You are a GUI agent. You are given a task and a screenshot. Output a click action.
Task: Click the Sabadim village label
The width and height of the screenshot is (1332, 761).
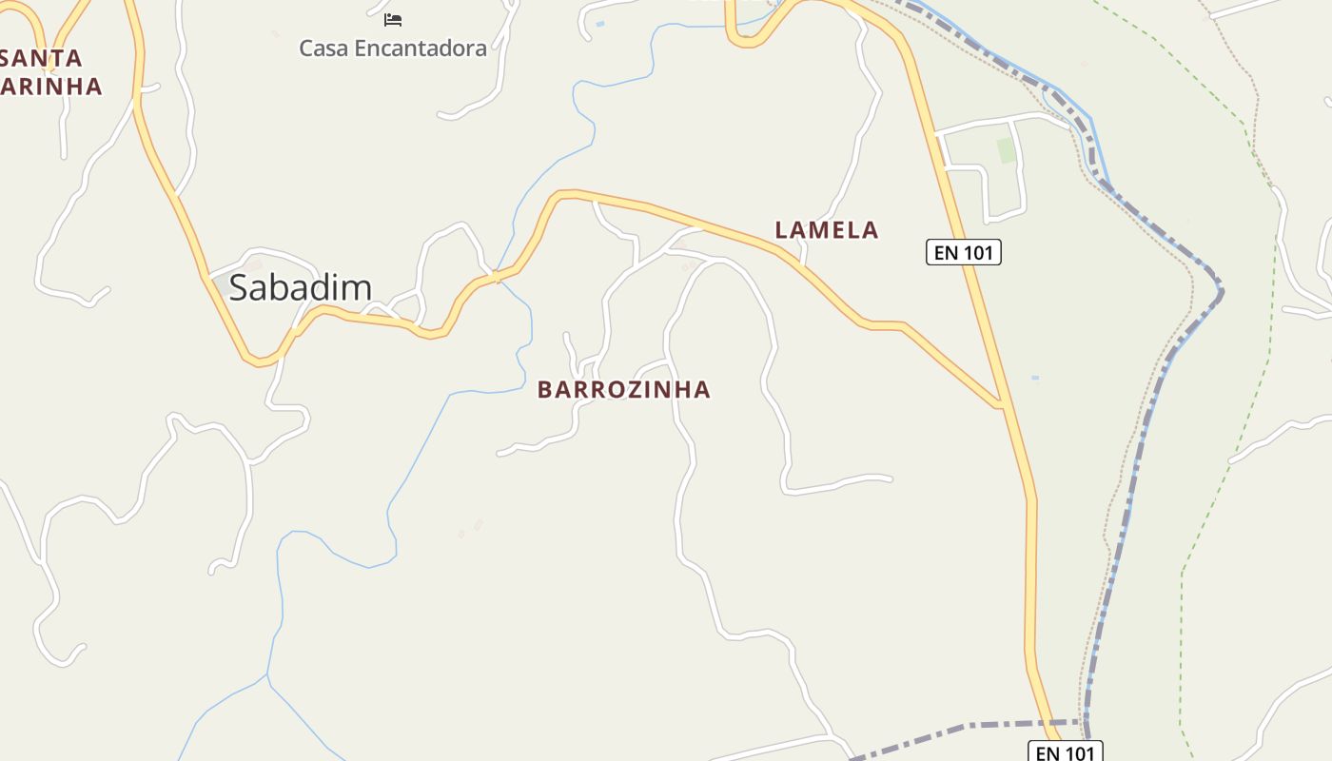point(300,287)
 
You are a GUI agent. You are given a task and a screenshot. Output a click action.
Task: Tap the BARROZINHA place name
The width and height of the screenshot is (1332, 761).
point(623,389)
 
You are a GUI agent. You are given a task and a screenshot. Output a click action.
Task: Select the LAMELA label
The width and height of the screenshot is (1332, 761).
point(826,229)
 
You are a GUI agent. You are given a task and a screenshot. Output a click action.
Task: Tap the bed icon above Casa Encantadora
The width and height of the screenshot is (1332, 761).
point(393,19)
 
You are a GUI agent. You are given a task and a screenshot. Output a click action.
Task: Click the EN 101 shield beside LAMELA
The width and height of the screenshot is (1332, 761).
point(963,252)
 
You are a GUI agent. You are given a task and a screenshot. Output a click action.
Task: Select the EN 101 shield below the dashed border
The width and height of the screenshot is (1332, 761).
point(1065,752)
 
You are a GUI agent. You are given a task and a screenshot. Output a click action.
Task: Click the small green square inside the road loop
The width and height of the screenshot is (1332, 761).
point(1005,150)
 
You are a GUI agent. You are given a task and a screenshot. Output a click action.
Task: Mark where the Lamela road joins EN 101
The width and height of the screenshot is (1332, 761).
point(1000,405)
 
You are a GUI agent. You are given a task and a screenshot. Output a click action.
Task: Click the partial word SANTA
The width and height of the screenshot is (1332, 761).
point(42,58)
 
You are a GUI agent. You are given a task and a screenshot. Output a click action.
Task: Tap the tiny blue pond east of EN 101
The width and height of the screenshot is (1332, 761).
point(1034,378)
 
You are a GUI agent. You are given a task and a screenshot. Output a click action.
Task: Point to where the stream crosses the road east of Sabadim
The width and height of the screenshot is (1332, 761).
point(496,276)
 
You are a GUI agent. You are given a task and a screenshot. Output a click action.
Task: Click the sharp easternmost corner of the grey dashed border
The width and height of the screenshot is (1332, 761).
point(1221,291)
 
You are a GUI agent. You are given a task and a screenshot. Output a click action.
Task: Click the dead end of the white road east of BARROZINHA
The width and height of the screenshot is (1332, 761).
point(891,478)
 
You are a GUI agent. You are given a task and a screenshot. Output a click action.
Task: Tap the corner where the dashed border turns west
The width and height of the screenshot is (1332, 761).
point(1086,723)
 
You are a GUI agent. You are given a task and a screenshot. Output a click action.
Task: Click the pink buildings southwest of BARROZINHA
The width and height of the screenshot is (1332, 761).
point(470,528)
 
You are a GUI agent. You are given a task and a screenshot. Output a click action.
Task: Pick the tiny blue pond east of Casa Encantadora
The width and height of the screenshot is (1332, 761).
point(599,23)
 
